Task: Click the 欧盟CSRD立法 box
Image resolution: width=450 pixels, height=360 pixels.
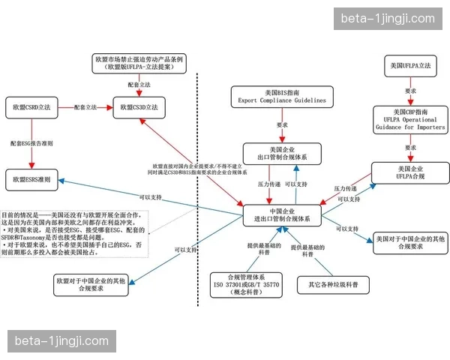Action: [x=32, y=108]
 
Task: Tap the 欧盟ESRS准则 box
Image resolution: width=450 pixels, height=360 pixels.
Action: [x=32, y=180]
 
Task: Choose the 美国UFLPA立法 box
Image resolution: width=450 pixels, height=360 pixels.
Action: [x=410, y=67]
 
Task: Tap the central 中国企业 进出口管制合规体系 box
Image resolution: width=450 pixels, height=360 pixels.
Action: [x=282, y=214]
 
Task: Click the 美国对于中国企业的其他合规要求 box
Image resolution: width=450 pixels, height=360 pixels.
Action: [x=410, y=241]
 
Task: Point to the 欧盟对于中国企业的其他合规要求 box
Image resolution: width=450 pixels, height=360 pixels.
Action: [x=89, y=286]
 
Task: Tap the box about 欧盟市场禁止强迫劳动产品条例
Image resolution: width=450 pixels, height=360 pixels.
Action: [x=139, y=62]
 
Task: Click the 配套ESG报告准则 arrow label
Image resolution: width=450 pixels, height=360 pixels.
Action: [x=31, y=143]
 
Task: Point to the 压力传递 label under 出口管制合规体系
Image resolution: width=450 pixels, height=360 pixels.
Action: [x=269, y=184]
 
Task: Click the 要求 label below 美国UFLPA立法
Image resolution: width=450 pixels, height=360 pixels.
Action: [x=409, y=90]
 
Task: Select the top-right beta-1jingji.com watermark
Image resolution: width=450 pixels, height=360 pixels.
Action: [x=388, y=19]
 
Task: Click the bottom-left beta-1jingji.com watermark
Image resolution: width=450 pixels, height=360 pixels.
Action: [x=62, y=341]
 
